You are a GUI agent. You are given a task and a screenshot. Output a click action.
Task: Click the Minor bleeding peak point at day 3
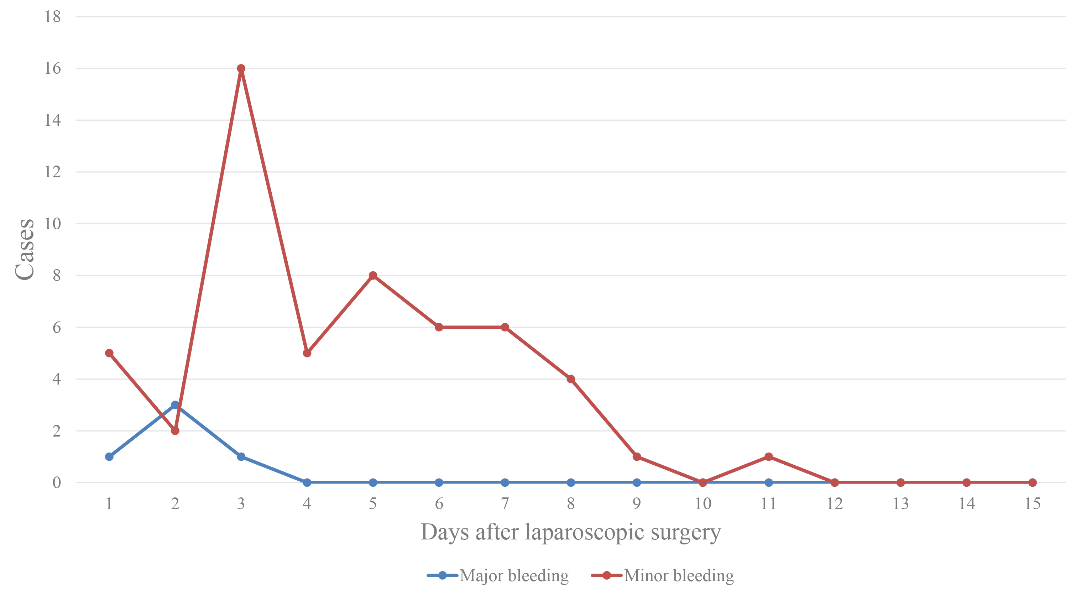(x=241, y=68)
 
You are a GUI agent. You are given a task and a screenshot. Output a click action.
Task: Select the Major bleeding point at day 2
(x=175, y=405)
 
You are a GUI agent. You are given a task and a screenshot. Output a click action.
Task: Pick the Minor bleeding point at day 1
(x=109, y=353)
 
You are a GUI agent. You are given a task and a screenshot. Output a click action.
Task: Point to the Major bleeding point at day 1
(x=109, y=457)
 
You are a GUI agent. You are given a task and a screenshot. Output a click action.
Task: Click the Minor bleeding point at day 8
(x=571, y=379)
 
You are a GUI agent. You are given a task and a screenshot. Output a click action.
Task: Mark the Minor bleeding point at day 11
(x=769, y=457)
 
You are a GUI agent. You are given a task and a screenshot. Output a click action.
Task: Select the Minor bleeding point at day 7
(x=505, y=327)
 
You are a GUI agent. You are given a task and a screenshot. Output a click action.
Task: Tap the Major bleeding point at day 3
(x=241, y=457)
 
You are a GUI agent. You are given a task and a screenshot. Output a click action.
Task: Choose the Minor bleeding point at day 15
(x=1033, y=482)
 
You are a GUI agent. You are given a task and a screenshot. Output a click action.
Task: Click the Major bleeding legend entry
(x=498, y=575)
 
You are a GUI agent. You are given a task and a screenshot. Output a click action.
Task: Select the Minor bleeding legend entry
(x=663, y=575)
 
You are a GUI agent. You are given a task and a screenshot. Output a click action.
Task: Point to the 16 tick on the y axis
(x=53, y=68)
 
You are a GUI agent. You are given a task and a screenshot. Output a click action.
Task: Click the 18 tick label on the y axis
(x=53, y=17)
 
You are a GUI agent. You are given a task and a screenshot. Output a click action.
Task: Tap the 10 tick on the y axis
(x=53, y=224)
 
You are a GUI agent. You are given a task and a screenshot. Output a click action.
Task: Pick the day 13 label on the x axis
(x=900, y=504)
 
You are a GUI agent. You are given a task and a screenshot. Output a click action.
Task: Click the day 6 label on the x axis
(x=439, y=504)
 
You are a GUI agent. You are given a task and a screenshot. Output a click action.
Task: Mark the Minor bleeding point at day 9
(x=637, y=457)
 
